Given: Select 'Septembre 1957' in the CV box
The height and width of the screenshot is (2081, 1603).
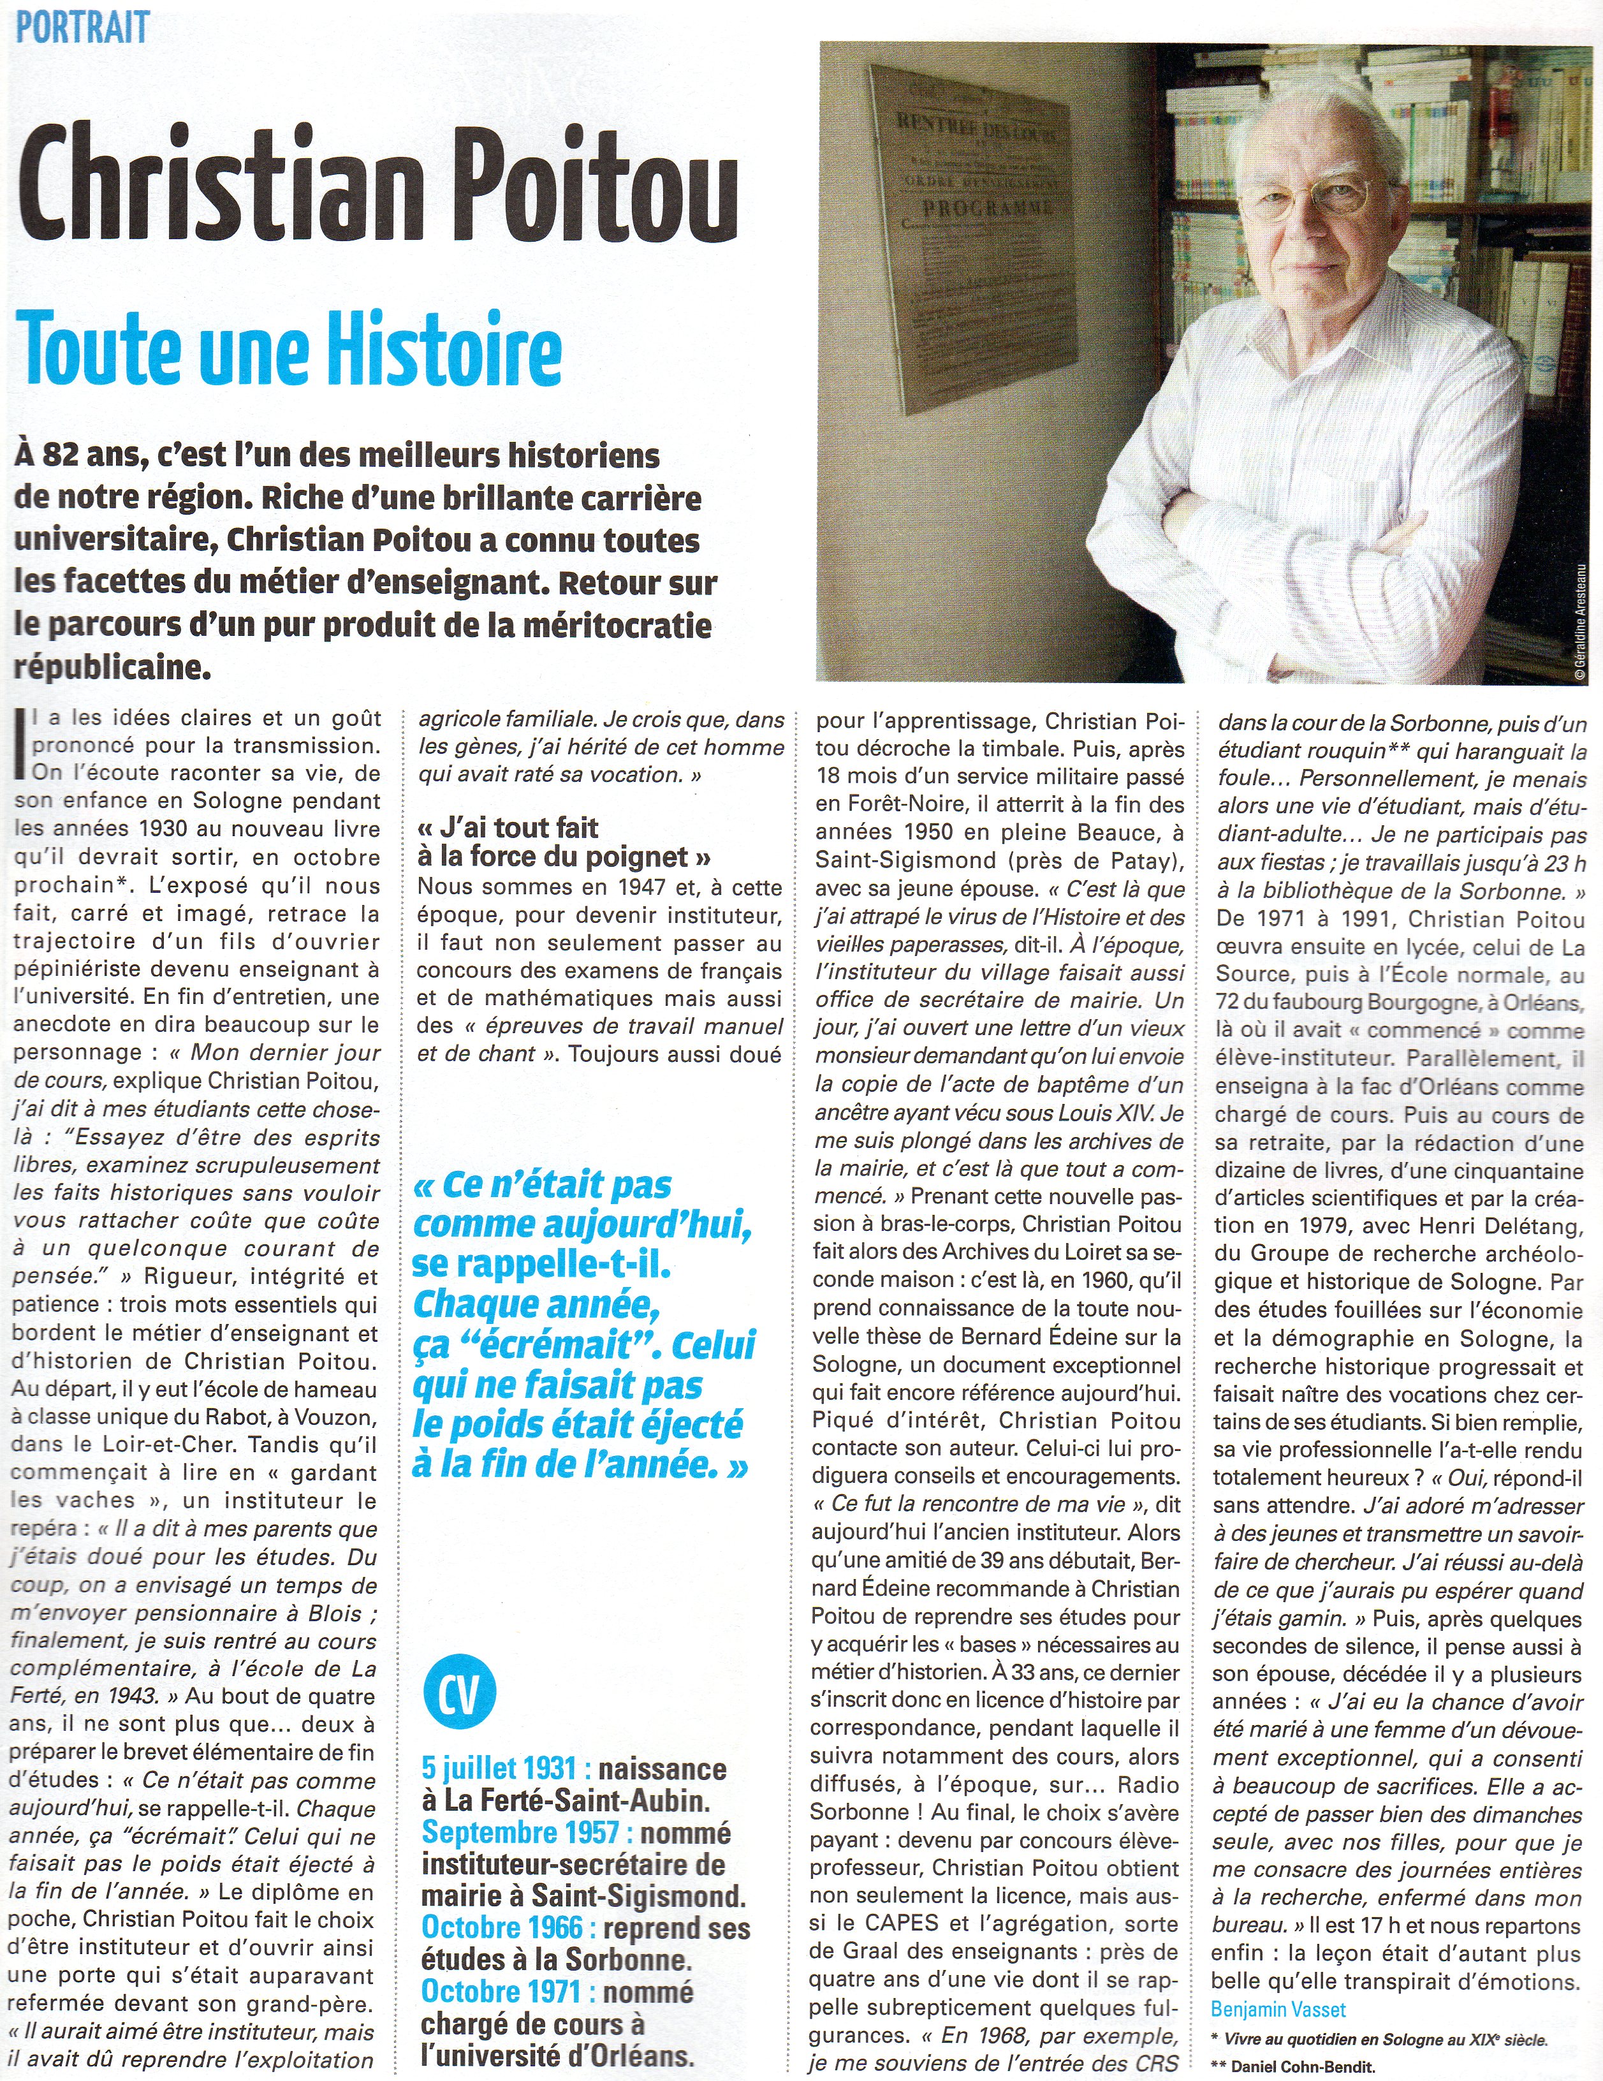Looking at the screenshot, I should (x=525, y=1832).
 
